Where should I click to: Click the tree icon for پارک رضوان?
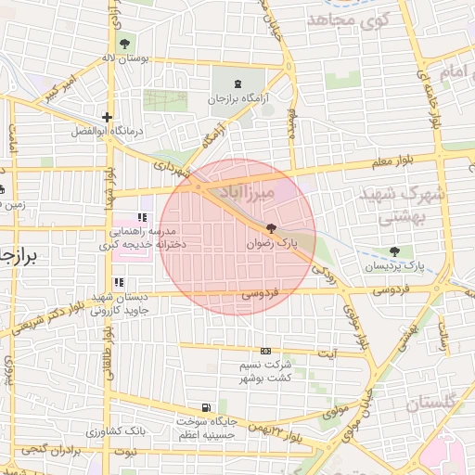[271, 228]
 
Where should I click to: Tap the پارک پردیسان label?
[395, 266]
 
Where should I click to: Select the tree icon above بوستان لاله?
[124, 44]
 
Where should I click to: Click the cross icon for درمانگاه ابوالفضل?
[109, 118]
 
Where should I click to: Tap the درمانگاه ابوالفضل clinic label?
[109, 132]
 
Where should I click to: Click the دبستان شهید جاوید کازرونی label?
[120, 303]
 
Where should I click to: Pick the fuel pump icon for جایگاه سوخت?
[205, 407]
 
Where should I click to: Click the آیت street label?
[327, 353]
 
